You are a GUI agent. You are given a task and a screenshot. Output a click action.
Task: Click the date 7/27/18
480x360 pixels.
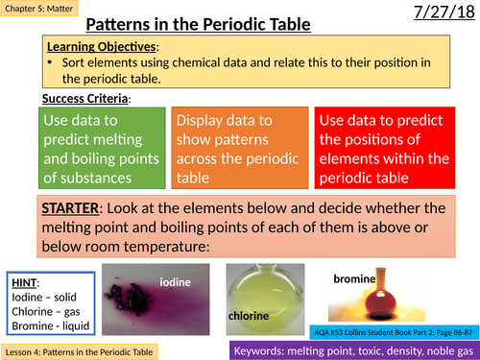[438, 15]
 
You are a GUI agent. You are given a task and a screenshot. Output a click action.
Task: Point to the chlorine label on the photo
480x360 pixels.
[249, 314]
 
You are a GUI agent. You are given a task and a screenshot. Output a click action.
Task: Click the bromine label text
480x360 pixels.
[354, 278]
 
